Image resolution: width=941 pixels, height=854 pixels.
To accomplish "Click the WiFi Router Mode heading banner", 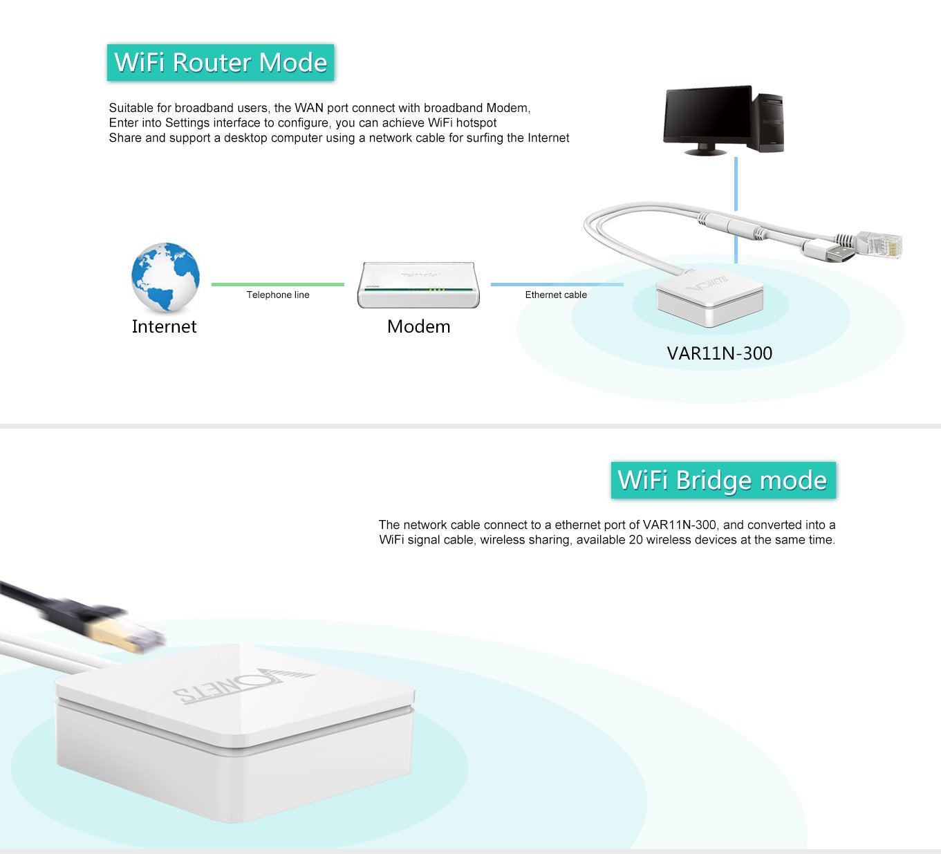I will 221,63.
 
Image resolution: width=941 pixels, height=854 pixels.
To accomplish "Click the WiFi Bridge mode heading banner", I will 723,480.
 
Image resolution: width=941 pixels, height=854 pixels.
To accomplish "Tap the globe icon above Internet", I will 165,277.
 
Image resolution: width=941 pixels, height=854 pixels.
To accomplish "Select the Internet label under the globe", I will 164,326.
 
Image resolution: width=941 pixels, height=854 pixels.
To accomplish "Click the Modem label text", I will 418,326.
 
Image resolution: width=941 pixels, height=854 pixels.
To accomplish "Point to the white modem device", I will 418,285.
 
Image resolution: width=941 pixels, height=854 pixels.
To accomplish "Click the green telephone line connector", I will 277,284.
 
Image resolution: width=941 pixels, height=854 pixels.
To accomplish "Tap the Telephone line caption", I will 277,295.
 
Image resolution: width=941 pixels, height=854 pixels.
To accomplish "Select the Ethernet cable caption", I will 555,295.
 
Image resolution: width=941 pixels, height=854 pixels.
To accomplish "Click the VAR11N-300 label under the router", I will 719,353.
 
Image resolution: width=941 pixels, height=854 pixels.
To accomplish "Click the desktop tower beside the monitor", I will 769,122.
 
